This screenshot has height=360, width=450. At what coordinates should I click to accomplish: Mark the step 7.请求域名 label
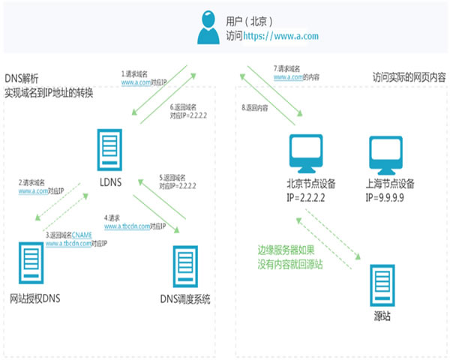pyautogui.click(x=289, y=67)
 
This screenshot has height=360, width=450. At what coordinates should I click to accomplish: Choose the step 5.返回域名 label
pyautogui.click(x=173, y=178)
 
